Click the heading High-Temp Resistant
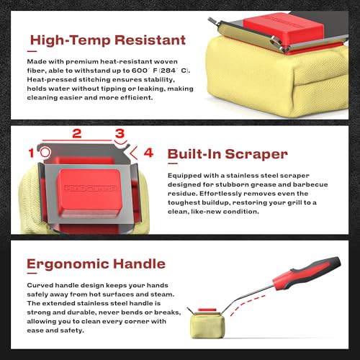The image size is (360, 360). pyautogui.click(x=108, y=40)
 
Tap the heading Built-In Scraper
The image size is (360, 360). pyautogui.click(x=228, y=154)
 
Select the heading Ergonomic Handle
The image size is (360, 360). pyautogui.click(x=96, y=264)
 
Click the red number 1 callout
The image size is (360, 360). pyautogui.click(x=31, y=153)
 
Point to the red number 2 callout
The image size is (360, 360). pyautogui.click(x=77, y=133)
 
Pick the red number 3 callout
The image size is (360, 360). pyautogui.click(x=120, y=133)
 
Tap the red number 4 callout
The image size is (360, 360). pyautogui.click(x=148, y=153)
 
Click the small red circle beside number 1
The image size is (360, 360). pyautogui.click(x=45, y=152)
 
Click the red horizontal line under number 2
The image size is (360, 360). pyautogui.click(x=77, y=140)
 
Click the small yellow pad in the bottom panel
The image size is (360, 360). pyautogui.click(x=208, y=325)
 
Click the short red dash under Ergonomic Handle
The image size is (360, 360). pyautogui.click(x=32, y=273)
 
